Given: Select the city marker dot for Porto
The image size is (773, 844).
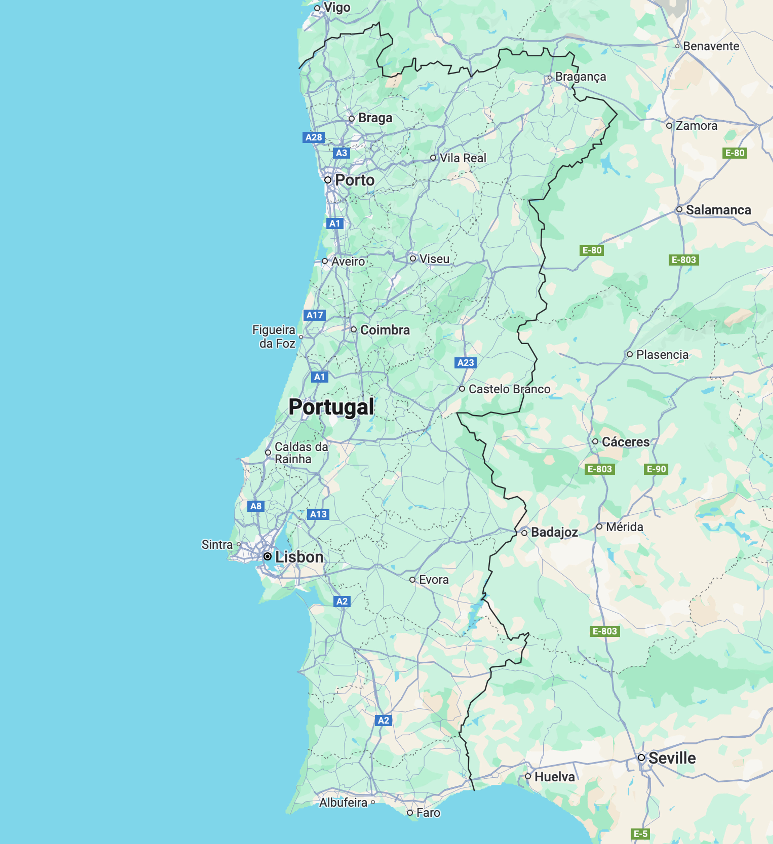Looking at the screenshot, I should [328, 180].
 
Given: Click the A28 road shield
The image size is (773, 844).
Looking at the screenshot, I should [313, 137].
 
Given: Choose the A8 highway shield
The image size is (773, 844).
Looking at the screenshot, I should [256, 506].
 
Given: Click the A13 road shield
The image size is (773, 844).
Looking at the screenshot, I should [318, 514].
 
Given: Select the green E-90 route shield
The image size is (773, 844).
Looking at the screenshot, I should [656, 469].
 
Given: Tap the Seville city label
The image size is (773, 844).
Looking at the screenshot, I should [672, 758].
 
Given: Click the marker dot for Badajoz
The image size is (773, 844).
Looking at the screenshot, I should [524, 533].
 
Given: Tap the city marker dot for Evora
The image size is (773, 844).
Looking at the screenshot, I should [412, 580].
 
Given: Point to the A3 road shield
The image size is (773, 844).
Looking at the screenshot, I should [342, 153].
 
